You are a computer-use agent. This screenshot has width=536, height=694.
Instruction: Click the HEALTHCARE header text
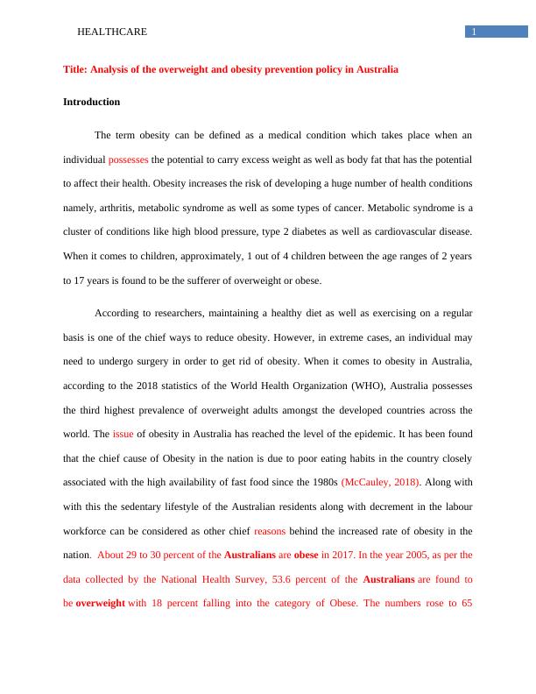(112, 32)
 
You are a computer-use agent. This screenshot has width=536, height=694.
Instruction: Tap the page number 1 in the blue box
(474, 32)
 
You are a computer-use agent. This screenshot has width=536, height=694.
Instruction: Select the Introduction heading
(91, 102)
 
